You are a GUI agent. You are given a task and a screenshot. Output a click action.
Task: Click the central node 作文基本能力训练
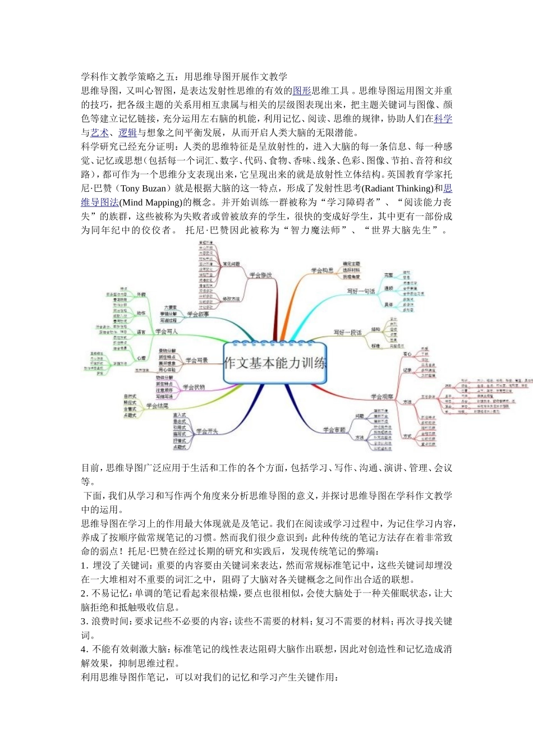(275, 363)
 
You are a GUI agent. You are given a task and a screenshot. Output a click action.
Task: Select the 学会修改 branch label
(260, 275)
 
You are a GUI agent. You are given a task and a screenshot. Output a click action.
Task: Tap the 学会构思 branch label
(322, 270)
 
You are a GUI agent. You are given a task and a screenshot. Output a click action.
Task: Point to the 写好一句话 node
(360, 291)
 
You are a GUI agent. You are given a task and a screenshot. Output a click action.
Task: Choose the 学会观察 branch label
(382, 397)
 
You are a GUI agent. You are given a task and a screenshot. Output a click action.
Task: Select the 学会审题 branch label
(334, 430)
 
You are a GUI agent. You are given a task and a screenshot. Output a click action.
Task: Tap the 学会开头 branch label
(206, 431)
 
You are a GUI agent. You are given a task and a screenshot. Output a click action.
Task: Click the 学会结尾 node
(157, 406)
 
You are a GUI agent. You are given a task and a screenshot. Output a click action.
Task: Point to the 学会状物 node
(194, 387)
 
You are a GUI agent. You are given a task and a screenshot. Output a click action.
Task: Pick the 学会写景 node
(196, 360)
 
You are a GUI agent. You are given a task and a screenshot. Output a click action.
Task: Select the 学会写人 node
(166, 332)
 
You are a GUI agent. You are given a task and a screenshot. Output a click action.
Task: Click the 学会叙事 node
(197, 314)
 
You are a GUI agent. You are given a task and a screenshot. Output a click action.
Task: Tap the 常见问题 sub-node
(231, 264)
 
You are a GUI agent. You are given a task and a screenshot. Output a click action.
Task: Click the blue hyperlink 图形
(302, 91)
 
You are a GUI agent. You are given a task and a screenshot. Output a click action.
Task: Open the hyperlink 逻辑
(127, 133)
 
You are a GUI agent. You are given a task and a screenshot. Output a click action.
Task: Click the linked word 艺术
(100, 133)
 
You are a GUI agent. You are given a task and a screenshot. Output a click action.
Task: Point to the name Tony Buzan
(144, 188)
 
